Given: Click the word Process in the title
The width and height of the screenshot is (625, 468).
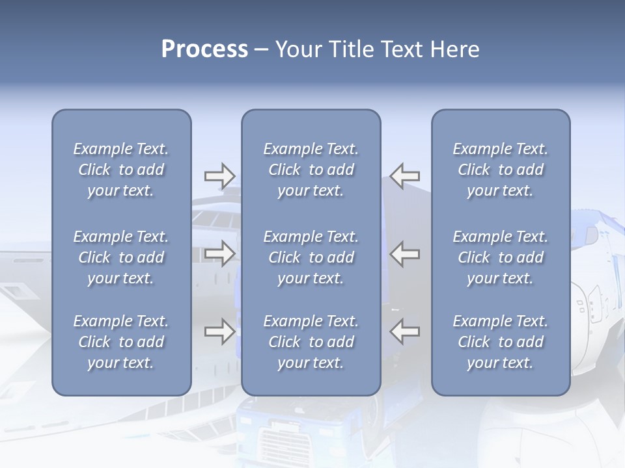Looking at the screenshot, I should click(x=204, y=49).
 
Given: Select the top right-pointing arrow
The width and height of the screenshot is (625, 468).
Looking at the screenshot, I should click(x=219, y=175).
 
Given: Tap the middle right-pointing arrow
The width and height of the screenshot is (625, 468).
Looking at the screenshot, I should click(x=219, y=253).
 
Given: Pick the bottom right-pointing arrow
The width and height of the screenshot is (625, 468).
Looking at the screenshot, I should click(x=219, y=332).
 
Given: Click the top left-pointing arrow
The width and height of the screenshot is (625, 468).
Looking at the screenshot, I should click(x=405, y=175).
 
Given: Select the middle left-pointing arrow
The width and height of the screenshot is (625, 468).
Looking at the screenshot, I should click(x=405, y=253).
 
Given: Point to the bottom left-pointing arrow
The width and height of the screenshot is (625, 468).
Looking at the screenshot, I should click(x=405, y=332).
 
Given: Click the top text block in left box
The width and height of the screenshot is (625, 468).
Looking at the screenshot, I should click(x=121, y=170).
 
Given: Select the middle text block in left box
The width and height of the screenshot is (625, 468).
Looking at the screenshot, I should click(x=121, y=257).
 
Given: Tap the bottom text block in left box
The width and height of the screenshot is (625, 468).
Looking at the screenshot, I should click(x=121, y=342).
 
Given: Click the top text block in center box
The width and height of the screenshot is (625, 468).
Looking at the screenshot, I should click(x=311, y=170).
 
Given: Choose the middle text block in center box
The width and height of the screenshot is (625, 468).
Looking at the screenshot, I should click(x=311, y=257).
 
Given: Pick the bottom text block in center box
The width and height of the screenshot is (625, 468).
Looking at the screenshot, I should click(x=311, y=342).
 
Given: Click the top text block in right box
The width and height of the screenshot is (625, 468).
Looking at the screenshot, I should click(x=501, y=170).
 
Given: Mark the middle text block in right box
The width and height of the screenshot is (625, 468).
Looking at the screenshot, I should click(x=501, y=257).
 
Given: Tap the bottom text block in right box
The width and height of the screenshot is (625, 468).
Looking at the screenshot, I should click(x=501, y=342).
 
